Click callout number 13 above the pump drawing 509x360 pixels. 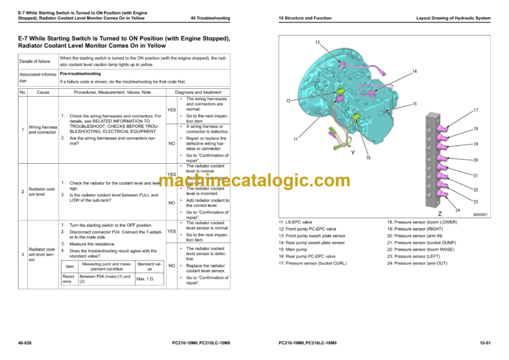coord(317,42)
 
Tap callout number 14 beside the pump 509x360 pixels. coord(414,71)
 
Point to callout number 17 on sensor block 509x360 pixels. coord(476,109)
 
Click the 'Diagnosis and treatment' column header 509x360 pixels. coord(198,91)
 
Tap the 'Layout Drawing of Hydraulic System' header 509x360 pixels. coord(453,17)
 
